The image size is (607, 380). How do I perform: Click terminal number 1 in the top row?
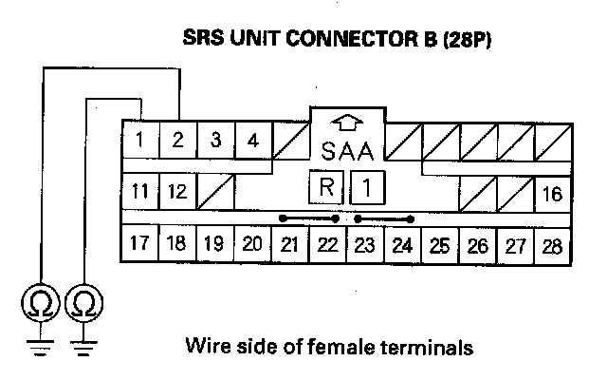(x=139, y=142)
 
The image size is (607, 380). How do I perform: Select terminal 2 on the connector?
(x=177, y=142)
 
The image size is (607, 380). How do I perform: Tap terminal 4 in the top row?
(x=252, y=142)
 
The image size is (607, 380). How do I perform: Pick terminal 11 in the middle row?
(x=139, y=191)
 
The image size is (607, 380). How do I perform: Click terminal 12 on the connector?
(x=177, y=191)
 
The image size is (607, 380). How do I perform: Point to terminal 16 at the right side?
(x=552, y=196)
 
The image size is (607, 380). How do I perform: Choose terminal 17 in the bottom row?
(x=139, y=243)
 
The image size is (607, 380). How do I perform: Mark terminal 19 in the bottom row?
(x=214, y=243)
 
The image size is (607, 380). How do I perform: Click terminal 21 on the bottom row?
(x=289, y=243)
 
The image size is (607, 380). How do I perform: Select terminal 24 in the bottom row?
(x=402, y=243)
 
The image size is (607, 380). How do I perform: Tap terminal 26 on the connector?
(x=477, y=243)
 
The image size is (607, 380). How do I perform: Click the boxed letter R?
(x=325, y=187)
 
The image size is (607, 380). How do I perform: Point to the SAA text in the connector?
(x=347, y=152)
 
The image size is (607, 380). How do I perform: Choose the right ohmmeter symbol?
(x=83, y=305)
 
